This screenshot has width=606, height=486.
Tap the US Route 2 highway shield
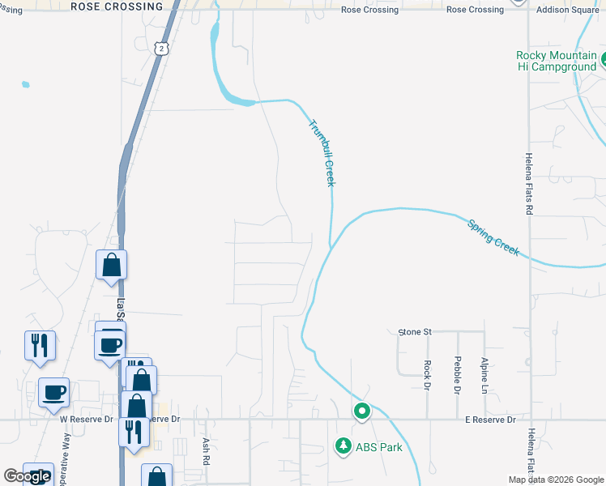(x=162, y=49)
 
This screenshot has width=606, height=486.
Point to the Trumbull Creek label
(x=321, y=152)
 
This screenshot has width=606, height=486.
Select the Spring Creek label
(x=493, y=237)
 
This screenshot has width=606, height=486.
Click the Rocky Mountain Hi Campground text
(x=556, y=61)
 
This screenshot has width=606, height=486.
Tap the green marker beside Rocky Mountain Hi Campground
(x=604, y=60)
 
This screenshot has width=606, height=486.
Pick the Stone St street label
(x=416, y=332)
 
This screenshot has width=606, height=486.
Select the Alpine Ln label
(x=484, y=375)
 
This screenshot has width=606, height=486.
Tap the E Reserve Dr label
(x=489, y=420)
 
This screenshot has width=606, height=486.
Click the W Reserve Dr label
(x=84, y=420)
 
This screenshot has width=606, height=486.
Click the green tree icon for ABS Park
(x=344, y=446)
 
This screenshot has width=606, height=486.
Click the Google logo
(x=27, y=476)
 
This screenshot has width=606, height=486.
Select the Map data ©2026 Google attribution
(x=555, y=480)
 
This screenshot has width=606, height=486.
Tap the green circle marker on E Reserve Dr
(x=362, y=412)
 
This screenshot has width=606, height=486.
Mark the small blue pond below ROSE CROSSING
(x=26, y=83)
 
